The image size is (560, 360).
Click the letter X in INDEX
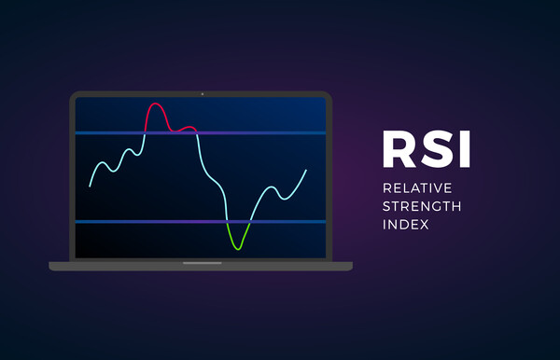point(427,225)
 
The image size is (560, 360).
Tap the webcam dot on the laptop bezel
point(201,94)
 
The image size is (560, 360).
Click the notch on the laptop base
point(201,263)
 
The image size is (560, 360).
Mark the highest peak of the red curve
point(155,103)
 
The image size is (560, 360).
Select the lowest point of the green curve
point(239,248)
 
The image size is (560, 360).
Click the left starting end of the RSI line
point(90,187)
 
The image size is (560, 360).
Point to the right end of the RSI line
point(305,171)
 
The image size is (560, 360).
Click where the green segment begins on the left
point(228,223)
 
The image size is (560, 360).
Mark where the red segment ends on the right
point(196,133)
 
